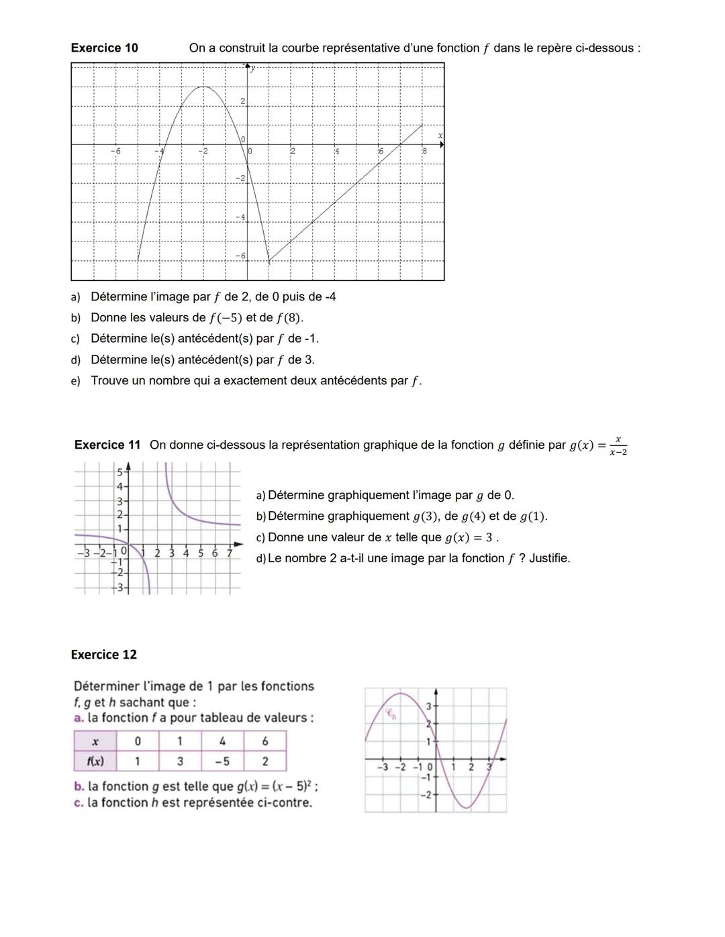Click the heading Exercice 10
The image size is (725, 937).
(x=104, y=48)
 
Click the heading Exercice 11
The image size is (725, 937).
(x=107, y=445)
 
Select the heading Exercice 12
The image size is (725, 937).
(x=103, y=655)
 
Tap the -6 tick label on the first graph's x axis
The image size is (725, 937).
(x=115, y=152)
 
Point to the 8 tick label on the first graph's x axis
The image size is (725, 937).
(x=424, y=152)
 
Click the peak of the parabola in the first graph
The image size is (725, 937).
(x=203, y=87)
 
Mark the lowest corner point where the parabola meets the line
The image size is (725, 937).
(x=269, y=261)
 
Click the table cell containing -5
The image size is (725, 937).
(x=222, y=761)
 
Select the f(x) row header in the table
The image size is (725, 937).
(x=95, y=761)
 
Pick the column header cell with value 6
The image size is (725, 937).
(x=265, y=741)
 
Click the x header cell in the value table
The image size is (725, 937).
(x=95, y=741)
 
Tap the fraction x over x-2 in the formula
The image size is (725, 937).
(x=618, y=446)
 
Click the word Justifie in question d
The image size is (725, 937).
(x=548, y=558)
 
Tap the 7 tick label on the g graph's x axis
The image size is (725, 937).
(x=230, y=553)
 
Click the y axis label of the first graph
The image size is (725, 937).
(x=254, y=68)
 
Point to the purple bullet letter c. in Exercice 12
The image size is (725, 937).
(x=79, y=803)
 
